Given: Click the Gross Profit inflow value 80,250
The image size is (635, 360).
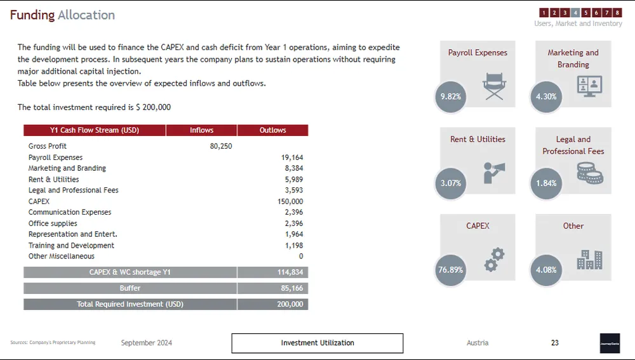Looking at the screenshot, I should click(x=220, y=146).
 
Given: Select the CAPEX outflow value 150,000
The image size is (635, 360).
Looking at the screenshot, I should click(x=290, y=201).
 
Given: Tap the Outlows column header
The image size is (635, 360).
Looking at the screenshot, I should click(x=272, y=130).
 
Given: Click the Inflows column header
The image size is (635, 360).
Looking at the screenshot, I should click(x=201, y=130).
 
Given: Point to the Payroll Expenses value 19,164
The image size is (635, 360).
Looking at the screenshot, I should click(x=292, y=157).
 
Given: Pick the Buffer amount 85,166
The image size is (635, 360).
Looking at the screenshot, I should click(x=292, y=288).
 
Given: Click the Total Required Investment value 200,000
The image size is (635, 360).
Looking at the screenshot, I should click(x=290, y=304).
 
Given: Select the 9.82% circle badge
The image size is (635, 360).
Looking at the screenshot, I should click(x=450, y=97).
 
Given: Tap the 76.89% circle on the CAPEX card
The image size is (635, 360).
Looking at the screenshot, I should click(x=450, y=270).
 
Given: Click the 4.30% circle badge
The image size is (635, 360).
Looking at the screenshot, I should click(x=545, y=97).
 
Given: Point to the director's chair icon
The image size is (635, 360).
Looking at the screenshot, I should click(x=493, y=86).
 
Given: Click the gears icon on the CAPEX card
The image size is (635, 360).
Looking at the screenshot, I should click(x=494, y=260).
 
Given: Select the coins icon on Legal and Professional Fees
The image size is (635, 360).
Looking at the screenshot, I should click(x=589, y=173).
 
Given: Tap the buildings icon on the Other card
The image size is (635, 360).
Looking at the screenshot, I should click(x=589, y=259).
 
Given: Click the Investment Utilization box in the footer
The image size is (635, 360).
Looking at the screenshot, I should click(x=317, y=343).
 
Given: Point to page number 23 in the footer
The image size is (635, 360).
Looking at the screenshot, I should click(x=554, y=343).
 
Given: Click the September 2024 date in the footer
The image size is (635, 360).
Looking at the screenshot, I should click(x=147, y=343).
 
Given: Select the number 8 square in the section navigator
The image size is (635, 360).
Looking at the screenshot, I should click(x=617, y=13).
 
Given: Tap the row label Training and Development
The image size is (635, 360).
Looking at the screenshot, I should click(x=71, y=245).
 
